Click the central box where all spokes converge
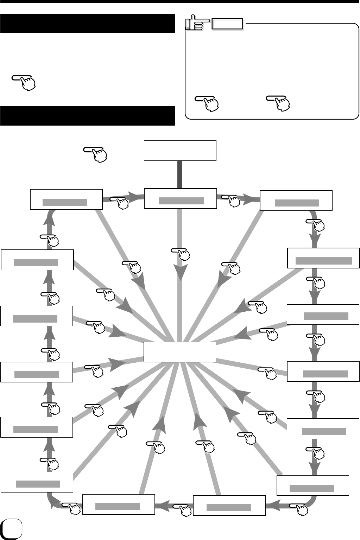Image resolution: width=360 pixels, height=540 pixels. [x=180, y=352]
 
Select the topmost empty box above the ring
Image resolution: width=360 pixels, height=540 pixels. [x=180, y=151]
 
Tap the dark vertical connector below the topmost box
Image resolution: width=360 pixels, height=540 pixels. [x=180, y=174]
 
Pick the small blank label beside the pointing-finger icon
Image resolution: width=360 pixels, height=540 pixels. [x=227, y=24]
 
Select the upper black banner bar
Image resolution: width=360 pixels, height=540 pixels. [x=88, y=24]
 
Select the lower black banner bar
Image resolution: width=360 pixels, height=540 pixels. [x=88, y=116]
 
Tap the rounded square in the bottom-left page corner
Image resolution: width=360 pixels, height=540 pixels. [x=11, y=529]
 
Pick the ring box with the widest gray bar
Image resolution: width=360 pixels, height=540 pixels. [x=324, y=258]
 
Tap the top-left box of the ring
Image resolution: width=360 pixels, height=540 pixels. [x=66, y=199]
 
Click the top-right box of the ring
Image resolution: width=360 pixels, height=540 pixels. [x=296, y=201]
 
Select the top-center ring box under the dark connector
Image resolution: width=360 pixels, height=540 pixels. [x=181, y=199]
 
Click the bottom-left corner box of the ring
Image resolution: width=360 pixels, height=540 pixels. [x=37, y=482]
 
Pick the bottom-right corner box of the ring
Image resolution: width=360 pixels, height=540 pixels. [x=312, y=485]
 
